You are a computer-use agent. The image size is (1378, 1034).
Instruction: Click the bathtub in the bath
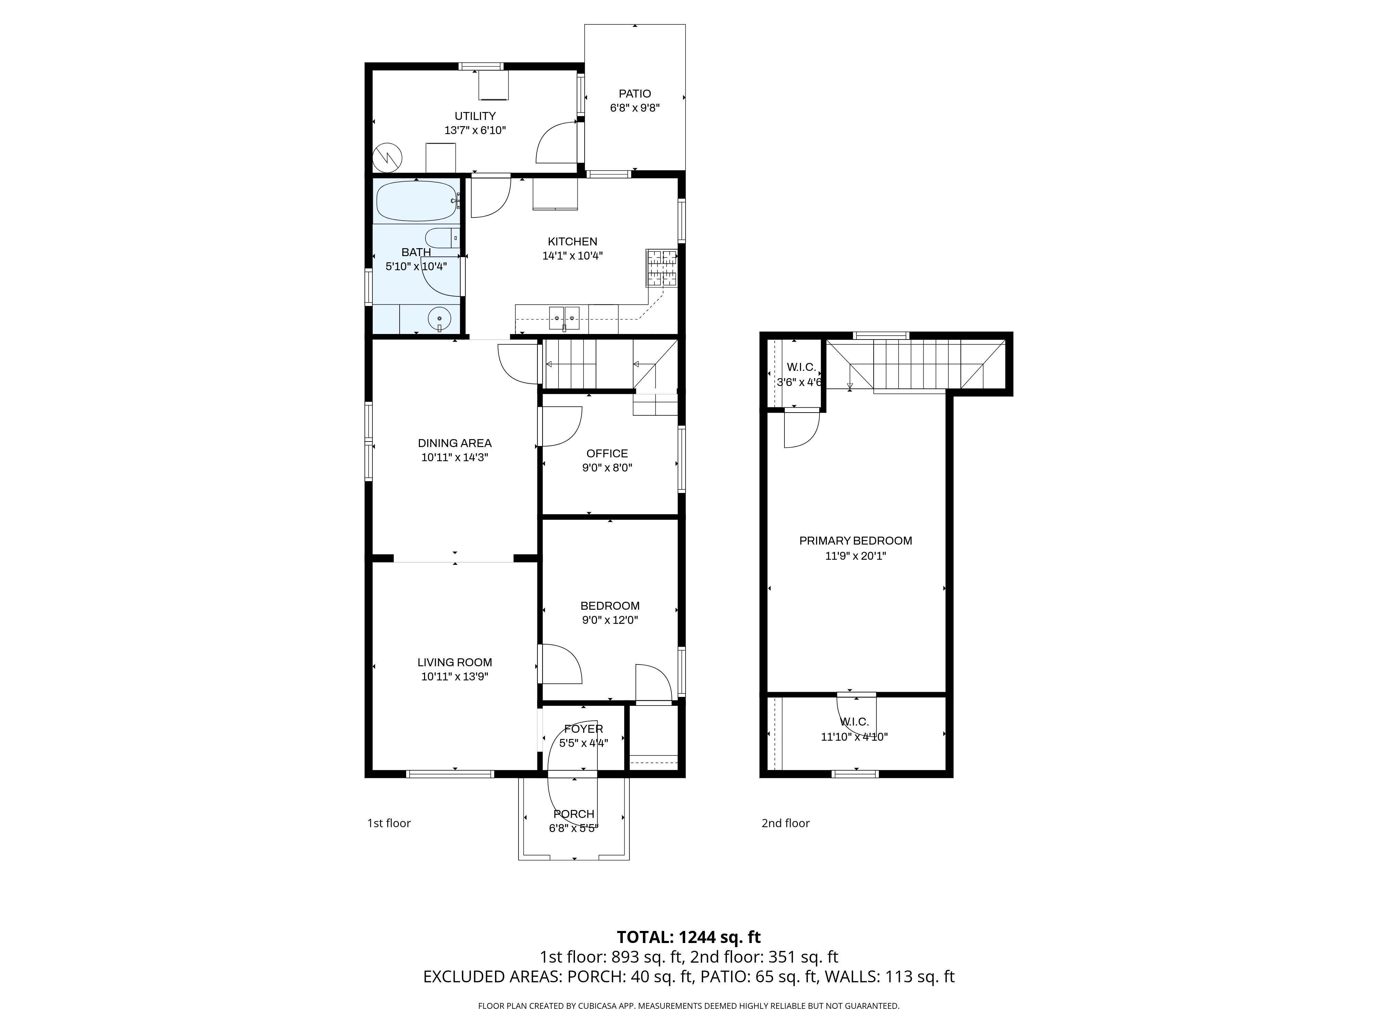coord(417,201)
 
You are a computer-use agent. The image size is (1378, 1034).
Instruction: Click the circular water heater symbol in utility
coord(388,158)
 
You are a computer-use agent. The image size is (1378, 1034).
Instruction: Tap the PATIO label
coord(635,93)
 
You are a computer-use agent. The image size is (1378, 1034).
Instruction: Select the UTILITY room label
coord(475,116)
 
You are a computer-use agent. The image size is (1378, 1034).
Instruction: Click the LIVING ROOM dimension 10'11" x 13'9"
coord(455,677)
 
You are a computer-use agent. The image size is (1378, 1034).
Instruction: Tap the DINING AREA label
coord(455,443)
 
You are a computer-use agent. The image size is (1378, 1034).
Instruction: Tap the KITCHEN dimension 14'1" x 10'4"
coord(573,255)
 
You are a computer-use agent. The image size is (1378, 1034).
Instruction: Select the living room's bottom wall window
coord(450,774)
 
